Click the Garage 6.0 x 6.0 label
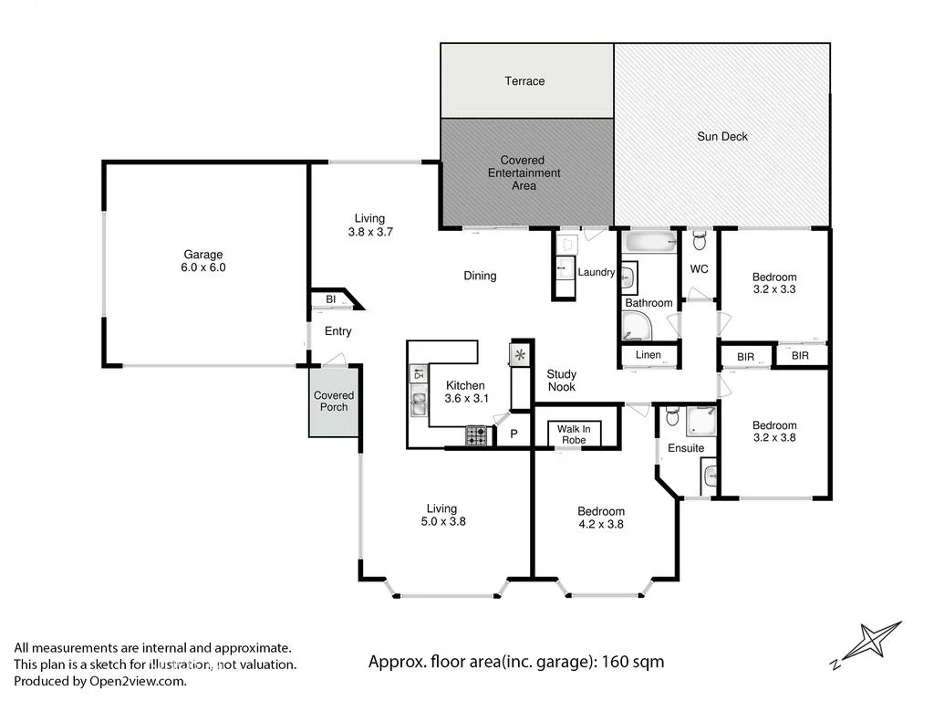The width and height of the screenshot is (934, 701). (x=203, y=261)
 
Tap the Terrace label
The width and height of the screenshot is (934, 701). (x=524, y=81)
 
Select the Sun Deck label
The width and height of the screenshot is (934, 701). (x=722, y=137)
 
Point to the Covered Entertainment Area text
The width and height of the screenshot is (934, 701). (x=524, y=173)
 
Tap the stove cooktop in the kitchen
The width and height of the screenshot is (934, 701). (x=476, y=435)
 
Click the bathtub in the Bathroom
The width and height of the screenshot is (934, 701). (x=649, y=242)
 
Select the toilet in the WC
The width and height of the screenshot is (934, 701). (x=700, y=241)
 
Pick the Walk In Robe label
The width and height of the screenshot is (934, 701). (x=574, y=434)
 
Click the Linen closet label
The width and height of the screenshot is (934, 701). (x=649, y=355)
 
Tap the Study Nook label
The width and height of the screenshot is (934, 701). (x=561, y=381)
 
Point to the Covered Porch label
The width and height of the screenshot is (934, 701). (x=334, y=402)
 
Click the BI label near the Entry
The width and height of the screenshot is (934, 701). (x=330, y=299)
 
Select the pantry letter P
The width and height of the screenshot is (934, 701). (x=514, y=434)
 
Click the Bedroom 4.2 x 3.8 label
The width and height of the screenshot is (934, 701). (x=601, y=518)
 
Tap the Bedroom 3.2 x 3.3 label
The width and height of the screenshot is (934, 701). (x=774, y=283)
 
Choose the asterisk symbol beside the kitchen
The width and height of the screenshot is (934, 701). (x=520, y=355)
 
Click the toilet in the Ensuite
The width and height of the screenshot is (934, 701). (x=672, y=416)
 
